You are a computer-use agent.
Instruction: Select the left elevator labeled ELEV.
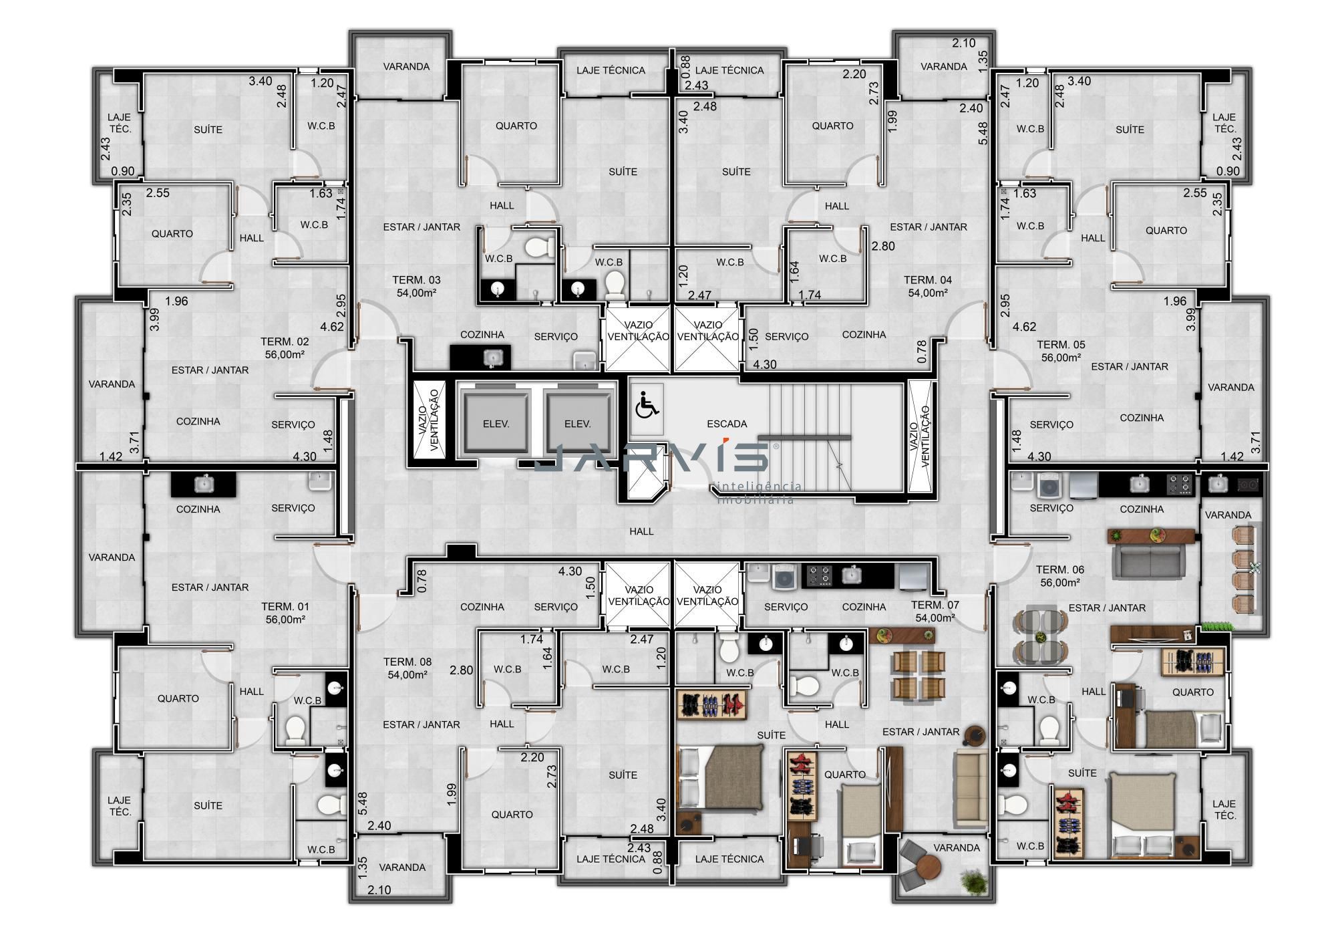(x=496, y=424)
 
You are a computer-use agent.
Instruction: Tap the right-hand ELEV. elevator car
(x=578, y=424)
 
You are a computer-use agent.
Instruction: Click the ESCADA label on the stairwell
(x=727, y=424)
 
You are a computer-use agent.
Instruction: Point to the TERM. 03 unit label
(x=416, y=280)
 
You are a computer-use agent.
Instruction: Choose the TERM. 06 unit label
(x=1060, y=569)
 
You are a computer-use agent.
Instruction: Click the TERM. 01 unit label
(x=285, y=606)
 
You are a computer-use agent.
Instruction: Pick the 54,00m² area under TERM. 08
(x=407, y=675)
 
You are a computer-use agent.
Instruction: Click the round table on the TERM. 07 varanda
(x=929, y=869)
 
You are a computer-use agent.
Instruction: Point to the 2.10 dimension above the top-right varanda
(x=964, y=43)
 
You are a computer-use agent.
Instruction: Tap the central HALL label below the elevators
(x=641, y=531)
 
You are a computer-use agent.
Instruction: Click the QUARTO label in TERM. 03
(x=516, y=126)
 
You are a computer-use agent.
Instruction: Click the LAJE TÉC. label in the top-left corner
(x=120, y=123)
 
